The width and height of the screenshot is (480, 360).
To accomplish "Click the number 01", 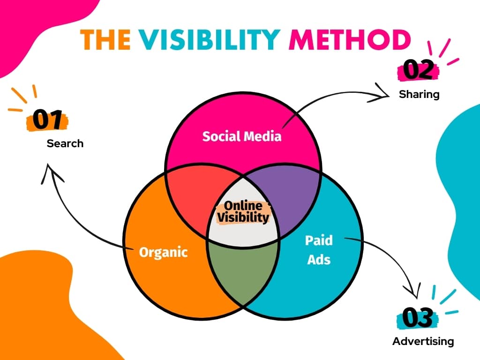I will (x=48, y=121).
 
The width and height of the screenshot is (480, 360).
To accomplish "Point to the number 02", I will (x=418, y=71).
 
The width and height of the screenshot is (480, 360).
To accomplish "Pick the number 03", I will (x=417, y=319).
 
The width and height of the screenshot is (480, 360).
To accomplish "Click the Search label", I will (x=65, y=143).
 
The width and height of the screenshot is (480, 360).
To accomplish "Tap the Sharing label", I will (x=419, y=94).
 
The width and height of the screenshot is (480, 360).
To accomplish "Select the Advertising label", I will (x=423, y=341).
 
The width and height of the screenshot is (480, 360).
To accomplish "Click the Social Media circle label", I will (x=242, y=136).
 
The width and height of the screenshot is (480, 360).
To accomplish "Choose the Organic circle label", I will (x=163, y=252).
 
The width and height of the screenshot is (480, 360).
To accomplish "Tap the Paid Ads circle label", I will (x=319, y=250).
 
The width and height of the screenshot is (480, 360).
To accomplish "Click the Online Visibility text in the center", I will (x=243, y=212).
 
